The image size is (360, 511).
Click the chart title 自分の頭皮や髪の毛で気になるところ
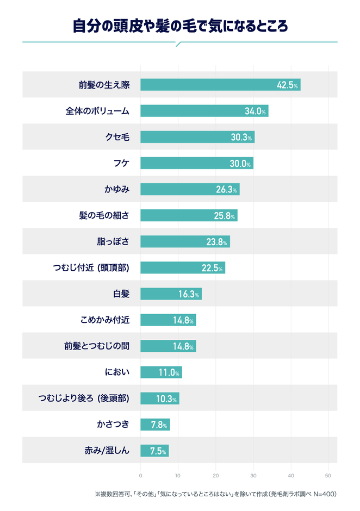179,26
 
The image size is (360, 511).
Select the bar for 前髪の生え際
220,85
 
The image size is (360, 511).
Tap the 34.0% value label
255,111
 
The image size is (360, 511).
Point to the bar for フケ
196,163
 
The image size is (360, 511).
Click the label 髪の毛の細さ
104,215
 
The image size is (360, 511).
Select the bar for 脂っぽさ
185,241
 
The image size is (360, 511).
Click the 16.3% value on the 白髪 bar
189,294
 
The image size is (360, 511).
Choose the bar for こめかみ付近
168,320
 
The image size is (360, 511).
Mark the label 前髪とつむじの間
97,346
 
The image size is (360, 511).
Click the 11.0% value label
169,372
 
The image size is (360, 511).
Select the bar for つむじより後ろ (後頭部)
159,398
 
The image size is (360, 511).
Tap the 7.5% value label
155,450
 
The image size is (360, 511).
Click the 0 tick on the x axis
141,475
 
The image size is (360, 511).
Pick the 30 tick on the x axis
253,475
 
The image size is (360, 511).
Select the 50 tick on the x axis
328,475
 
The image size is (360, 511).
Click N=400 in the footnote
324,494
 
